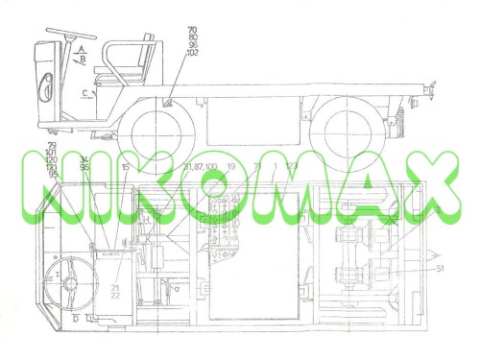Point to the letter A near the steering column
tap(84, 47)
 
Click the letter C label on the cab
tap(84, 92)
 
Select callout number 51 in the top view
tap(439, 270)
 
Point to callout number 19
tap(231, 167)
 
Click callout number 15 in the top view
tap(125, 167)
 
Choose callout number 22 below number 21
tap(115, 297)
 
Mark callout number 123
tap(292, 167)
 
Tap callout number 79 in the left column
tap(51, 145)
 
